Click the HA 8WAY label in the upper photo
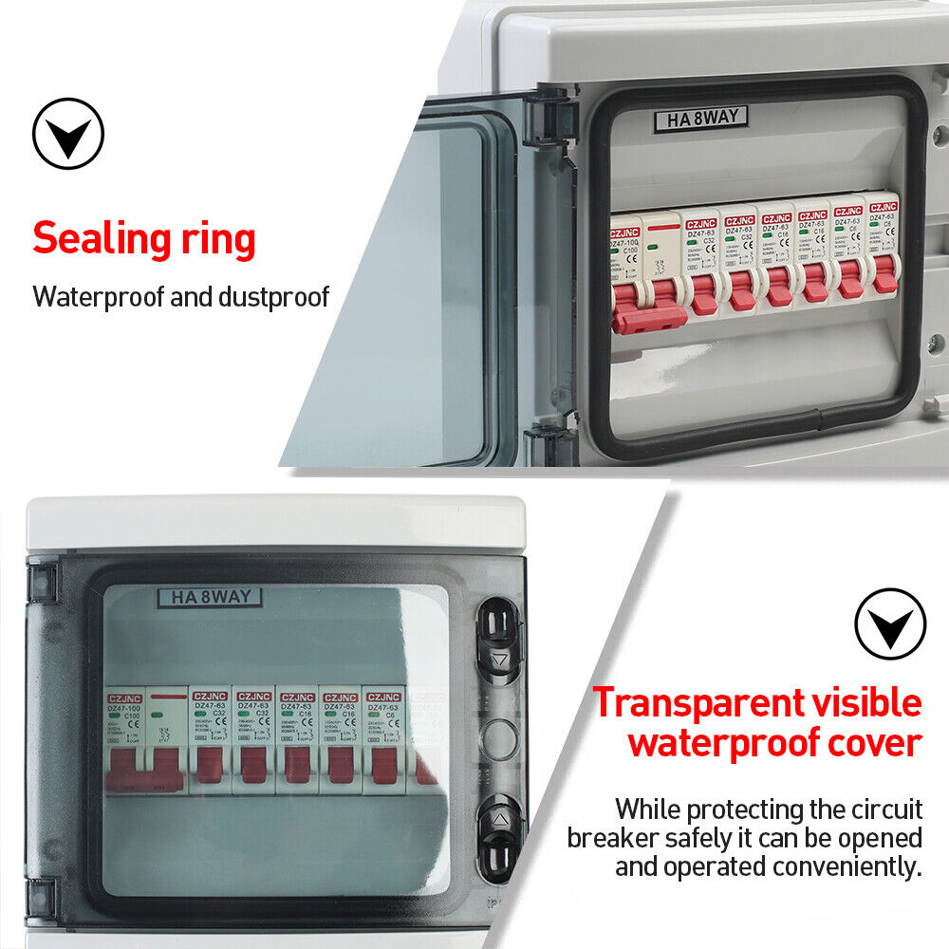click(x=701, y=119)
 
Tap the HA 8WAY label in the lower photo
click(x=209, y=598)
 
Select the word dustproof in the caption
click(x=273, y=296)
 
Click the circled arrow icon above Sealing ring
click(x=67, y=134)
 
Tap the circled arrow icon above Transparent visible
click(x=889, y=623)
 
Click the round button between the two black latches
click(x=501, y=735)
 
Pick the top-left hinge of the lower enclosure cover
click(x=42, y=582)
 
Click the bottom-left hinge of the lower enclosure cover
click(x=42, y=899)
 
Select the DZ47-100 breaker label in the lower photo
click(x=125, y=707)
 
